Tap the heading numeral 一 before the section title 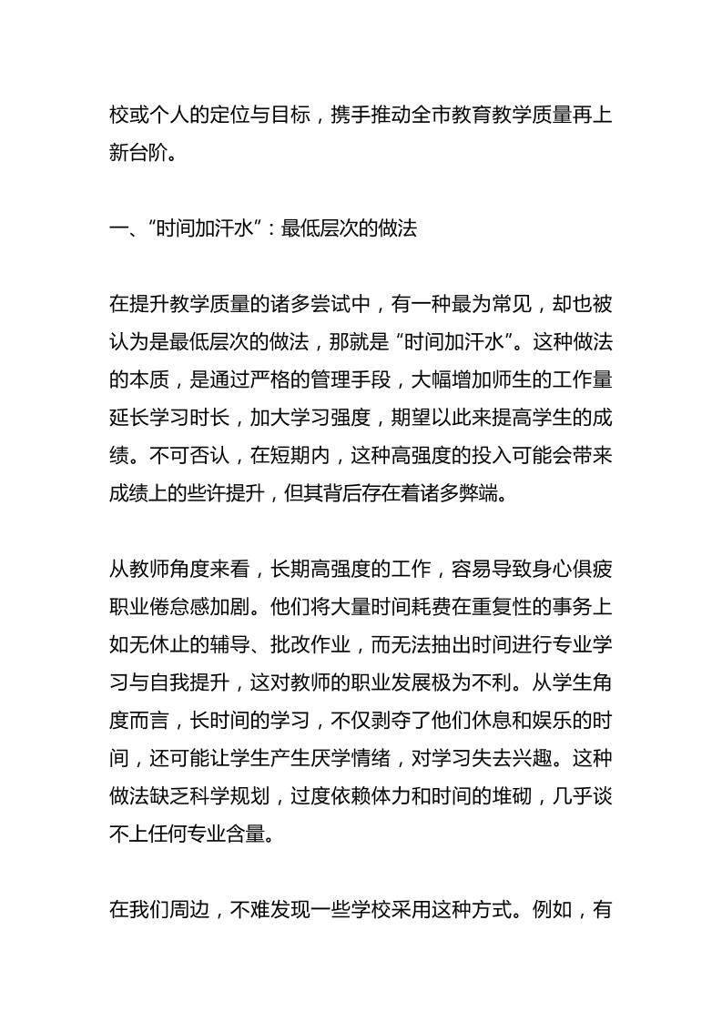[x=119, y=229]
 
